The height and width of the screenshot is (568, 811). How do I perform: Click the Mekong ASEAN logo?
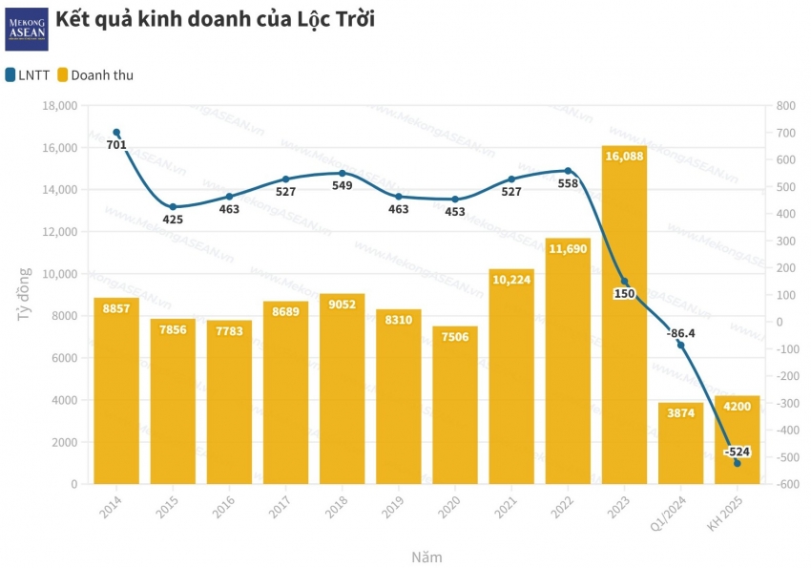point(26,28)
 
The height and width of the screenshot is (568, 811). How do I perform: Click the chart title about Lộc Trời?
point(216,20)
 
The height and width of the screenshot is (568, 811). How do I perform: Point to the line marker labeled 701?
point(116,132)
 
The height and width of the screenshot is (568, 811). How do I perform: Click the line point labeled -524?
point(737,463)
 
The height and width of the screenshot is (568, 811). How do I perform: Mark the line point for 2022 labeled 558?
point(568,171)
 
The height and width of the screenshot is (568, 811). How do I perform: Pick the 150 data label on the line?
point(624,293)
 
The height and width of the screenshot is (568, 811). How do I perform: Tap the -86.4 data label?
point(681,332)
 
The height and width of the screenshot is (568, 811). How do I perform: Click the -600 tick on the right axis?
point(787,485)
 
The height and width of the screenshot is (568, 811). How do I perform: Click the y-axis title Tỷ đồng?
point(26,295)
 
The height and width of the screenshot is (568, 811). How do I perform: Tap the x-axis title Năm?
point(426,557)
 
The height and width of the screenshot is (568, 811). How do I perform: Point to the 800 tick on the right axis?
point(784,106)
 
